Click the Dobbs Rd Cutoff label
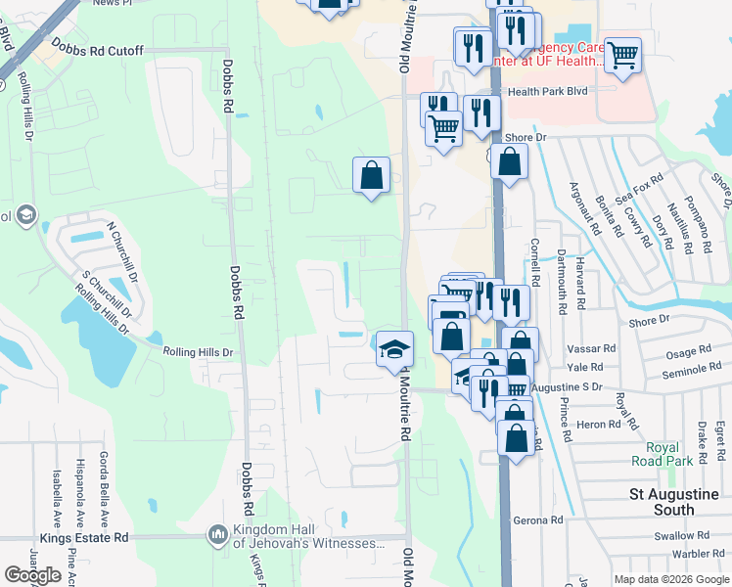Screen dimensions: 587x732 coord(98,51)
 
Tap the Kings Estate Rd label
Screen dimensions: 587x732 coord(85,538)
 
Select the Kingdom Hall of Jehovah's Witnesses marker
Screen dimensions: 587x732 coord(217,535)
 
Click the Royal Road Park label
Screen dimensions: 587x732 coord(669,454)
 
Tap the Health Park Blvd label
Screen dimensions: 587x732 coord(545,92)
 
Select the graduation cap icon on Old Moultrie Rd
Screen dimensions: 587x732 coord(393,348)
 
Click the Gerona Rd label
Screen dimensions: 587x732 coord(541,520)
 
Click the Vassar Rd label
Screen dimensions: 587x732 coord(596,347)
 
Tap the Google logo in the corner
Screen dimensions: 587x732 coord(32,575)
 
